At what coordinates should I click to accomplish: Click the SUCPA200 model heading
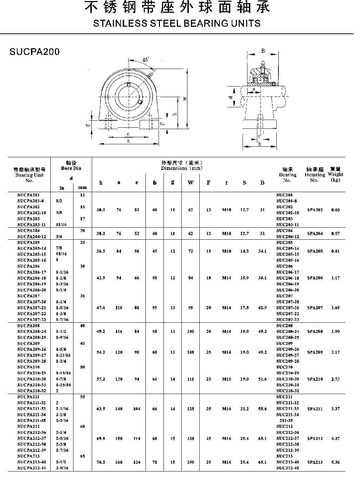35,52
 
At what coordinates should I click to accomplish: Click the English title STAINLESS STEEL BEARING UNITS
177,24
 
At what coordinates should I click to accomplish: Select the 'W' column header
191,183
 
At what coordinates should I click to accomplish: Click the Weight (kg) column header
335,175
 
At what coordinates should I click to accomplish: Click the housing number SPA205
315,251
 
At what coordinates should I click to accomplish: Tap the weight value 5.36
335,462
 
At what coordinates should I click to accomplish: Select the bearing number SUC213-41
287,468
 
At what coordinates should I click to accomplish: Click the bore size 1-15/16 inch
63,385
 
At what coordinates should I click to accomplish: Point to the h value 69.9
101,438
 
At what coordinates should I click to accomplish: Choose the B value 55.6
262,409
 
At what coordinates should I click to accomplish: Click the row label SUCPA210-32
32,391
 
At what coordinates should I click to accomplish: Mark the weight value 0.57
335,234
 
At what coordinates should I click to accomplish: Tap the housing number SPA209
315,352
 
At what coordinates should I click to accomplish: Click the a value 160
119,462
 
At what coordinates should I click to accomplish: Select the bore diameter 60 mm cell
82,426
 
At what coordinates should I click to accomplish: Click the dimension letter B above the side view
263,51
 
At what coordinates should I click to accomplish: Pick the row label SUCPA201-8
30,201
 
